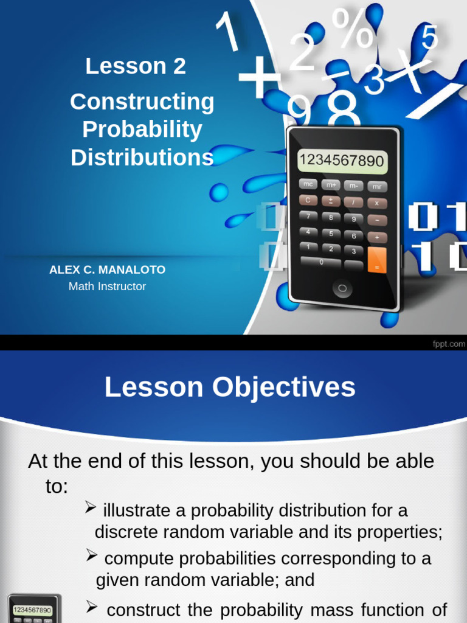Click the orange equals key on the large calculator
(x=377, y=260)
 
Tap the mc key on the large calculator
(x=308, y=184)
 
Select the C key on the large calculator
(x=308, y=200)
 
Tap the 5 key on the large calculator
(x=331, y=233)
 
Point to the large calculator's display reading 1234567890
(x=342, y=161)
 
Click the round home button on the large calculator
(x=342, y=288)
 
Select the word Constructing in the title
(x=142, y=102)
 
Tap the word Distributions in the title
(x=142, y=158)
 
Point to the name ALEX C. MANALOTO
(x=107, y=270)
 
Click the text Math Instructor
(x=107, y=286)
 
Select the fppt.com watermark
(x=449, y=344)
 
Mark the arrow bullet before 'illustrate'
(x=91, y=507)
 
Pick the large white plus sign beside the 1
(x=259, y=80)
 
